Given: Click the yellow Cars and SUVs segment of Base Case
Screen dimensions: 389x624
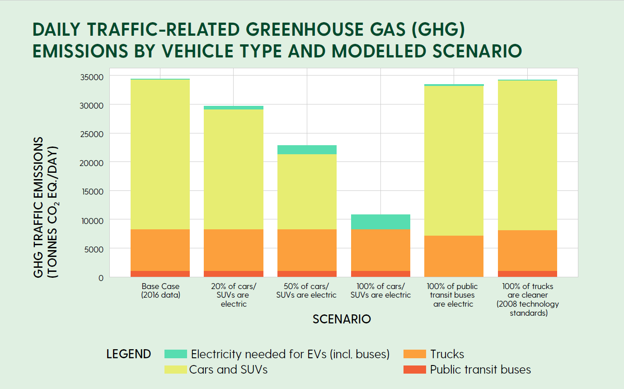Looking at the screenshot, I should [x=160, y=154].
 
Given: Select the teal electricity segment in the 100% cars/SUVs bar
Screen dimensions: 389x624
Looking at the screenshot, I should [x=380, y=222].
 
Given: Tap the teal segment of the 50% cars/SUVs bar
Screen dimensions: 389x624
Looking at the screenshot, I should [x=307, y=150].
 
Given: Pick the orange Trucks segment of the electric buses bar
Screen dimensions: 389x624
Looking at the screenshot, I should [x=454, y=256].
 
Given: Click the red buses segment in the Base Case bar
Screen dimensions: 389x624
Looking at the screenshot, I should [x=160, y=274].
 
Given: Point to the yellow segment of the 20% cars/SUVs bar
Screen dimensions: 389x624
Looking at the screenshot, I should [x=234, y=169].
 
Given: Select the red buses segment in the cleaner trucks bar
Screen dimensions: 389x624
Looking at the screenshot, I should [x=527, y=274].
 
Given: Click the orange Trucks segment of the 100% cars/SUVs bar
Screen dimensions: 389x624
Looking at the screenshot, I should [x=380, y=250].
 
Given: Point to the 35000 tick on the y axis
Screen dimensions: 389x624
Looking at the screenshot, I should [x=94, y=77].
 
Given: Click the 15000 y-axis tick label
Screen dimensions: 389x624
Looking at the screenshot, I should [x=94, y=191].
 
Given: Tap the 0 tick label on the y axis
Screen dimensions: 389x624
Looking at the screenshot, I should [x=101, y=278].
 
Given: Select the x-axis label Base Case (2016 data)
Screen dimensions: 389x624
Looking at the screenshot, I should [x=160, y=291].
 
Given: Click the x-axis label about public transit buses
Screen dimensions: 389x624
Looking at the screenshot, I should [x=453, y=295].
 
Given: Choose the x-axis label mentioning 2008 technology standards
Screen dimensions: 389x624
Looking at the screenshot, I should [x=527, y=299].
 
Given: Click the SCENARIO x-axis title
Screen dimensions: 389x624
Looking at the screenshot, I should [x=342, y=319].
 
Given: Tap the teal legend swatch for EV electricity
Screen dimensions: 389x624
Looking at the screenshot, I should [x=176, y=354].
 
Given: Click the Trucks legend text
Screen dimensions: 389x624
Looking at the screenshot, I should [x=447, y=354].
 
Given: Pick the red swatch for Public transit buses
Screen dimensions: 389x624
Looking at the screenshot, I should [x=414, y=370].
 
